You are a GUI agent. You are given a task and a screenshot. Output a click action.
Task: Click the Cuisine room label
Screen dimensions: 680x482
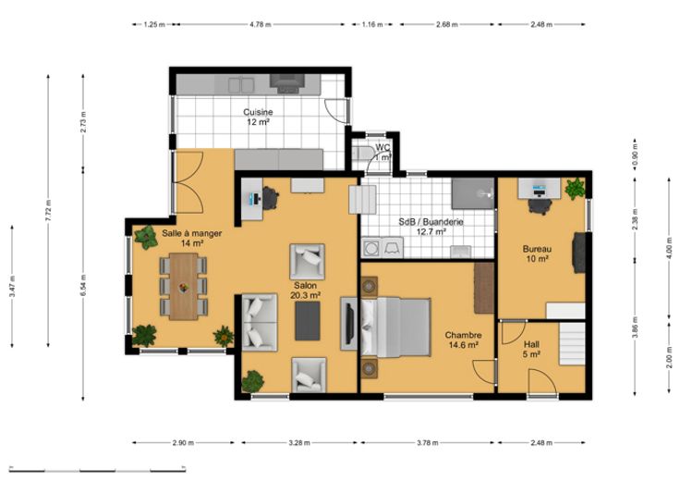258,117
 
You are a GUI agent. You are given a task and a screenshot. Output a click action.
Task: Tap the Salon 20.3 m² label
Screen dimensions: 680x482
305,290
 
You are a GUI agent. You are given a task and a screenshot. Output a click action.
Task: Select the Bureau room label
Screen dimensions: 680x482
537,253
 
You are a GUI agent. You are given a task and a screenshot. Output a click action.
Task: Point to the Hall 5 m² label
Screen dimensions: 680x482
531,349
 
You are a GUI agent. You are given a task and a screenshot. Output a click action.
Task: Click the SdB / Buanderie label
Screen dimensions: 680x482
431,227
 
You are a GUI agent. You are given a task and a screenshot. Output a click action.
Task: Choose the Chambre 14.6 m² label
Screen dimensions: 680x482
463,340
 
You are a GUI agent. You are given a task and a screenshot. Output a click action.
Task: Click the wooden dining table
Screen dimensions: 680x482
184,286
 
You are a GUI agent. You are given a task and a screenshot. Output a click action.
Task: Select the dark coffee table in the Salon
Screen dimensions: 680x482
308,321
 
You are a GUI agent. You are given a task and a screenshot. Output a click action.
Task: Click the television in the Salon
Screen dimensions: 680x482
349,323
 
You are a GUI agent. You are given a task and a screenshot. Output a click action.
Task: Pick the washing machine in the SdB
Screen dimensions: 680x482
371,248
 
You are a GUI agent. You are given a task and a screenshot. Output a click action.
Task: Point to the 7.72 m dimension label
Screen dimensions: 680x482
48,211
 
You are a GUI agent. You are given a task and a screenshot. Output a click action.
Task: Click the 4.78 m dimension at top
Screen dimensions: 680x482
261,25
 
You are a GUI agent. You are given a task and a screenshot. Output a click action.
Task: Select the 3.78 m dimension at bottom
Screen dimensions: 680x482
428,443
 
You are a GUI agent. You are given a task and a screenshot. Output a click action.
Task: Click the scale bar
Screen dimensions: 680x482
98,469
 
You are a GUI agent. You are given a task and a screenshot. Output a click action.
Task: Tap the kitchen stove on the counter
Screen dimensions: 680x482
287,83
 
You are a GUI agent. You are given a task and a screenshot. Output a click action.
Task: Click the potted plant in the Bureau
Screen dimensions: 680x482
575,189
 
